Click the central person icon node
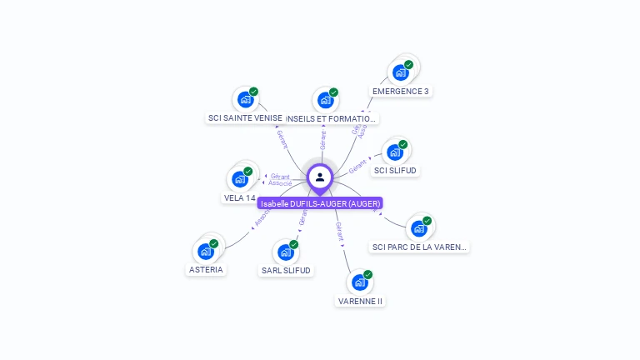pos(320,177)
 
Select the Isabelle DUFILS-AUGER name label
pos(320,203)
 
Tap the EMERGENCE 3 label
pos(401,91)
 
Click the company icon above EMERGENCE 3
pos(401,72)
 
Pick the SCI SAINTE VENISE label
pos(245,118)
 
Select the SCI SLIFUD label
pos(395,171)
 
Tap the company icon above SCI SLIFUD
pos(395,152)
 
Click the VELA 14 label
pos(239,198)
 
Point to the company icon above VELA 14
pos(240,179)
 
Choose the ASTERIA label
pos(206,270)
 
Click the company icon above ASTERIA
pos(206,252)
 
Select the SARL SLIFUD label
pos(286,271)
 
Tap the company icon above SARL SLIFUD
pos(286,252)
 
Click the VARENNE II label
pos(360,301)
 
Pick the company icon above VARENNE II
pos(360,282)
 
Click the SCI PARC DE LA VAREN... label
pos(419,247)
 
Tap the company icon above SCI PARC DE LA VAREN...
pos(419,228)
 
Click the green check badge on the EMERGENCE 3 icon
pos(408,64)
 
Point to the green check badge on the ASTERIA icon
pos(213,243)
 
